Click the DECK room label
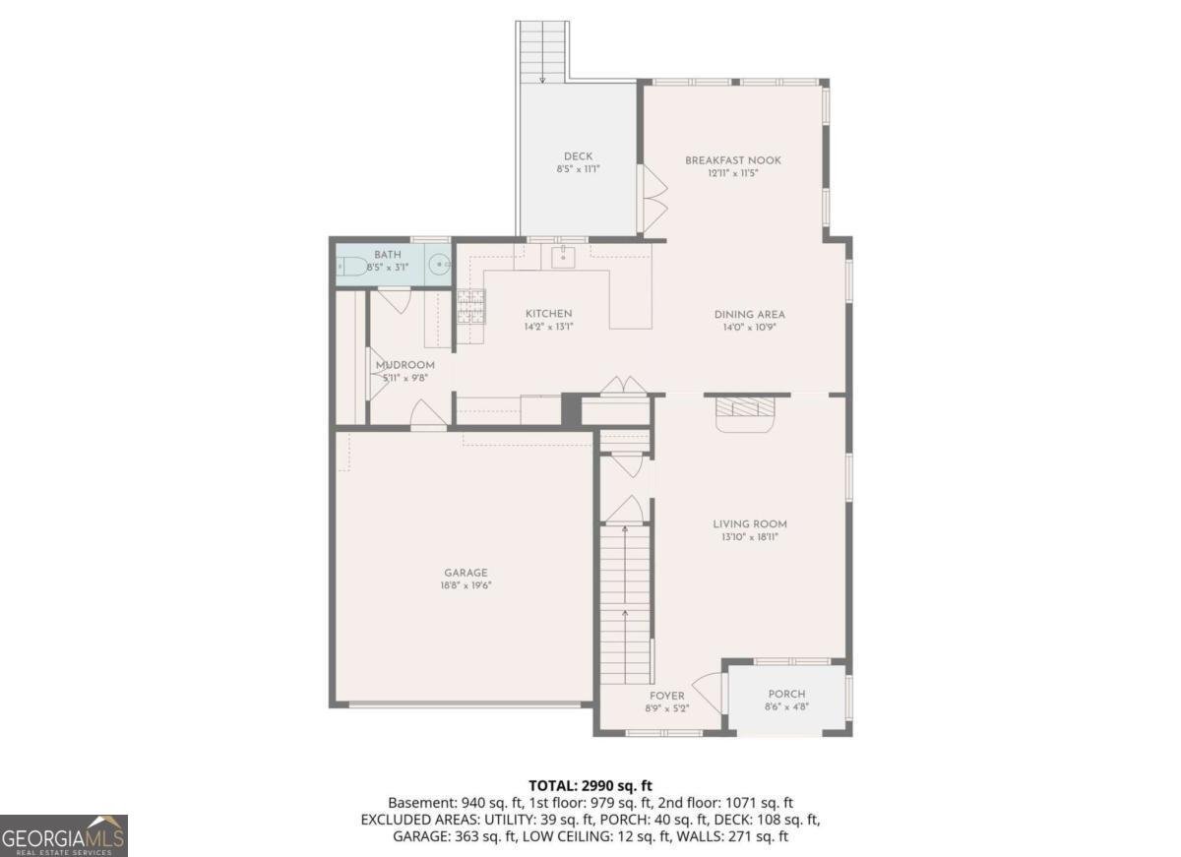[x=578, y=156]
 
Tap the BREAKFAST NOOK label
[x=733, y=160]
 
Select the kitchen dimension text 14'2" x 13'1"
[x=548, y=327]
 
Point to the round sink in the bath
[x=439, y=265]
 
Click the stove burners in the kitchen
[x=469, y=307]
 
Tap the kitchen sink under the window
[x=563, y=258]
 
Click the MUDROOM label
[x=404, y=365]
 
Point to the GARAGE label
[x=466, y=573]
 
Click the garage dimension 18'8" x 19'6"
[x=466, y=585]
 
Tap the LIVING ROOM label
[x=750, y=524]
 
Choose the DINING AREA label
[x=750, y=315]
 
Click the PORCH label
[x=786, y=694]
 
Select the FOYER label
[x=666, y=696]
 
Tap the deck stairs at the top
[x=542, y=49]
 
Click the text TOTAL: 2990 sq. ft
[x=590, y=785]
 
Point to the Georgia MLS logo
[x=64, y=835]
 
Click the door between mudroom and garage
[x=427, y=417]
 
